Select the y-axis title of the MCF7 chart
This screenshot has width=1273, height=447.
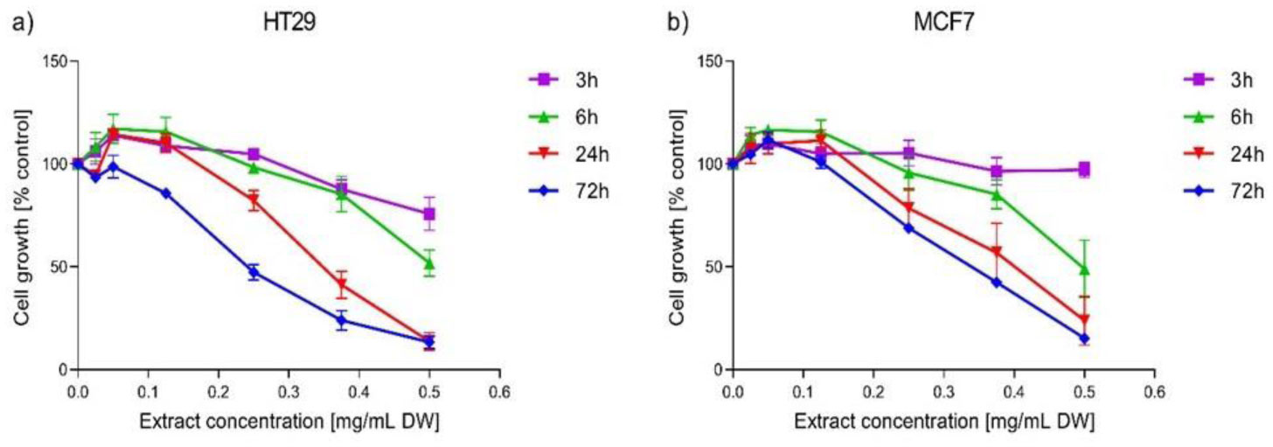[x=678, y=215]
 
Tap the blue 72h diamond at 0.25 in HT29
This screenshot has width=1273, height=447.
[x=254, y=273]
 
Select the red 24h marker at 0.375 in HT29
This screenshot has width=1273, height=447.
[x=341, y=284]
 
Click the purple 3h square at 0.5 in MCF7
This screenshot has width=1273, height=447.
[x=1084, y=169]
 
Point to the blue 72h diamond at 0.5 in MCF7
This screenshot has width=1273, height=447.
[x=1084, y=339]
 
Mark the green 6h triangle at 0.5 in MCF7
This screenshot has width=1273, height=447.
[x=1084, y=269]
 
